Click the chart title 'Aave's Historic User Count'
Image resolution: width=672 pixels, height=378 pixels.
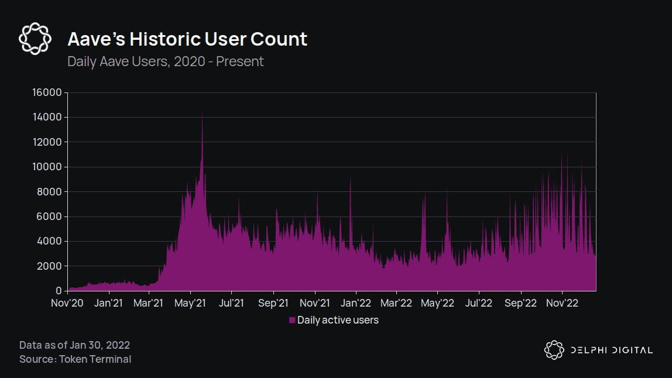coord(187,39)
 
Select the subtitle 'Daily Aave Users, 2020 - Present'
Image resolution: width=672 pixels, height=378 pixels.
coord(166,61)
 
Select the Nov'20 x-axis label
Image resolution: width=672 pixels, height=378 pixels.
coord(68,303)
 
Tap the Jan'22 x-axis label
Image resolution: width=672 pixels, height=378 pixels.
coord(356,303)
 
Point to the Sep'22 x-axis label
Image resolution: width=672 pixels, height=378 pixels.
coord(520,303)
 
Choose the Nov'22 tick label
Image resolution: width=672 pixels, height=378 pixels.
coord(562,303)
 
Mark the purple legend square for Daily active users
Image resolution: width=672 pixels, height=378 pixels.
coord(292,320)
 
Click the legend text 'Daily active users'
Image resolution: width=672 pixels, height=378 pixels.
coord(338,320)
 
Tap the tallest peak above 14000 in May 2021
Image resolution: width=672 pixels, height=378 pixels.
coord(203,111)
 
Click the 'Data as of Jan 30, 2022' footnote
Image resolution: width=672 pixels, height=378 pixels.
coord(74,345)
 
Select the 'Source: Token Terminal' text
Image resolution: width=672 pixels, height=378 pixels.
coord(75,359)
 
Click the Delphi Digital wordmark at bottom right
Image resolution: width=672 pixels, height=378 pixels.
coord(611,350)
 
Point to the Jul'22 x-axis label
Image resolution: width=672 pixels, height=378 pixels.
coord(479,303)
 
